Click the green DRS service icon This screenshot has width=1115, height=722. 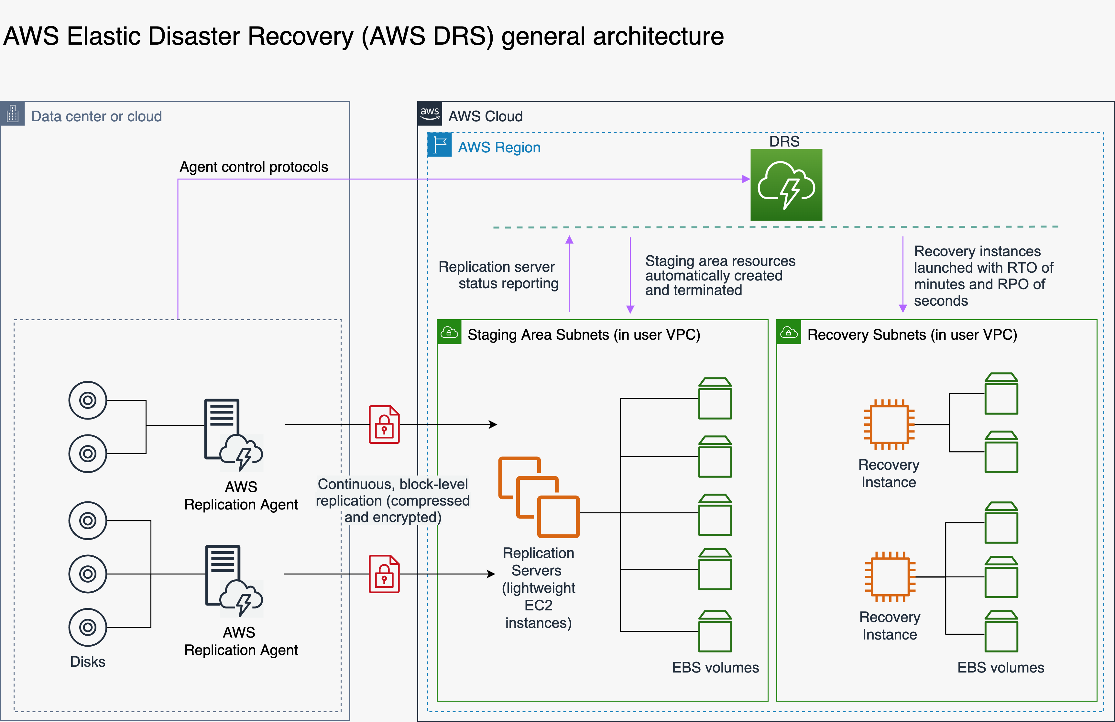pyautogui.click(x=786, y=185)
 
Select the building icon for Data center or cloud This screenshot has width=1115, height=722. pyautogui.click(x=13, y=114)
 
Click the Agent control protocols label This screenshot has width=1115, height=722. pyautogui.click(x=254, y=167)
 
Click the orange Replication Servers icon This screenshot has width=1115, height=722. pyautogui.click(x=539, y=497)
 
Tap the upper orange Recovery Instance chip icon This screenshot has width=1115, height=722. pyautogui.click(x=889, y=424)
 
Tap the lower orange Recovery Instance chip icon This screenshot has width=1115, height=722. pyautogui.click(x=890, y=577)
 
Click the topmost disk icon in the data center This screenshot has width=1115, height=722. pyautogui.click(x=88, y=400)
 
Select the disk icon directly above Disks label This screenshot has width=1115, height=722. pyautogui.click(x=88, y=627)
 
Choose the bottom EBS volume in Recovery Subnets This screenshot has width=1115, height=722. pyautogui.click(x=1001, y=631)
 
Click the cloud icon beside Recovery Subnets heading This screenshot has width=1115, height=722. pyautogui.click(x=789, y=333)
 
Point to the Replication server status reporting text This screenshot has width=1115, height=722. pyautogui.click(x=498, y=275)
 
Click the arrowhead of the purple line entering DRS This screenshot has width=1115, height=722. pyautogui.click(x=746, y=179)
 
